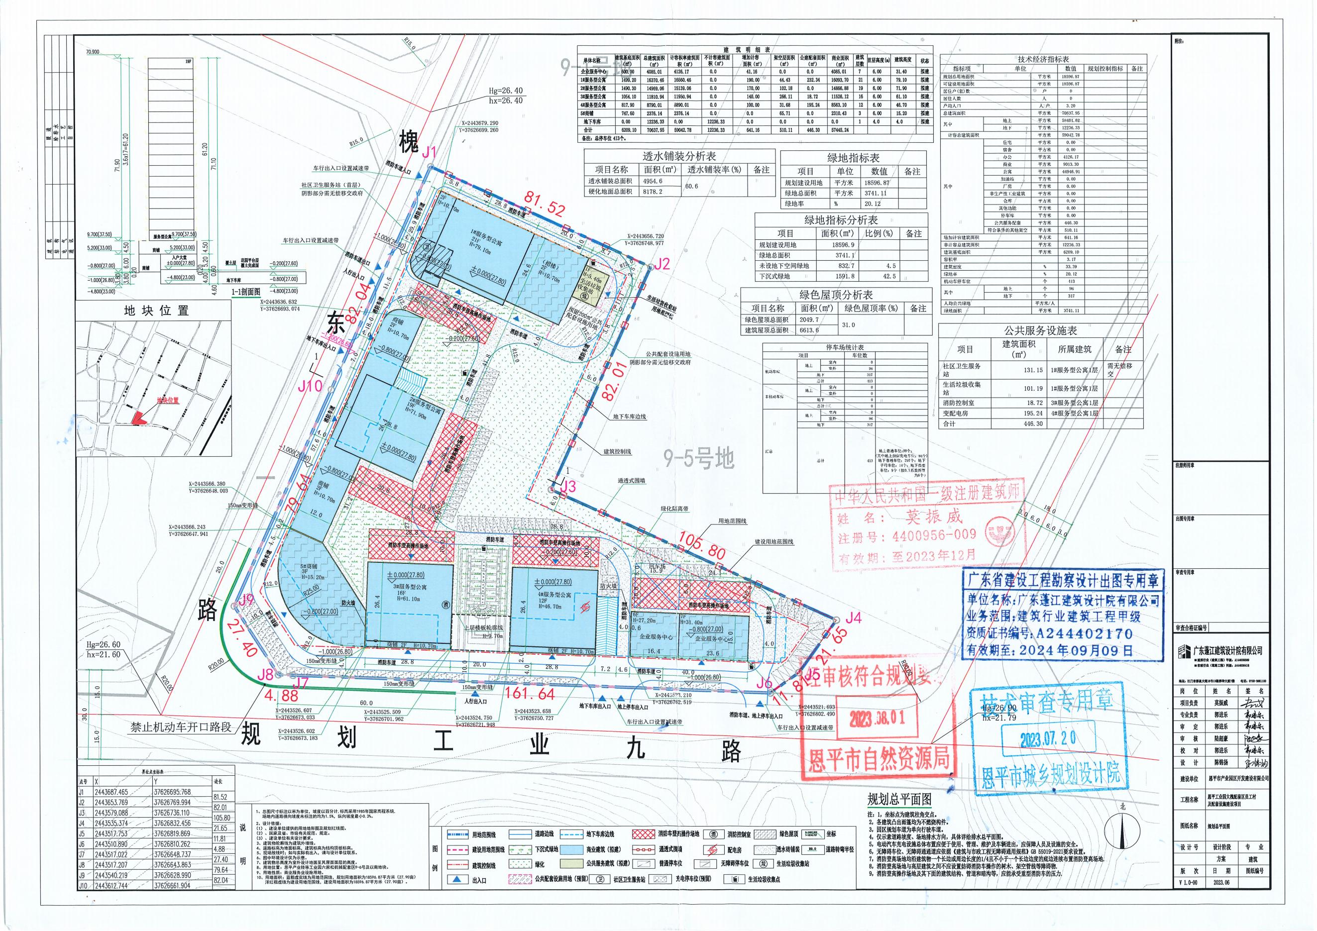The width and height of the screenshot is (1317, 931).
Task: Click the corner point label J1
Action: tap(430, 152)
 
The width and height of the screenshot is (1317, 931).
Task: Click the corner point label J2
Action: tap(661, 264)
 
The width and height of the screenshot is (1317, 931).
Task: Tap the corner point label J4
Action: tap(854, 619)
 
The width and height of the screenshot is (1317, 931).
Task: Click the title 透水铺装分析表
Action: tap(679, 156)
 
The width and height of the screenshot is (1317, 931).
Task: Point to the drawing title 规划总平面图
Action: tap(899, 799)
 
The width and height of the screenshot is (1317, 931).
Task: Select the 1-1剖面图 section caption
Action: tap(245, 292)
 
